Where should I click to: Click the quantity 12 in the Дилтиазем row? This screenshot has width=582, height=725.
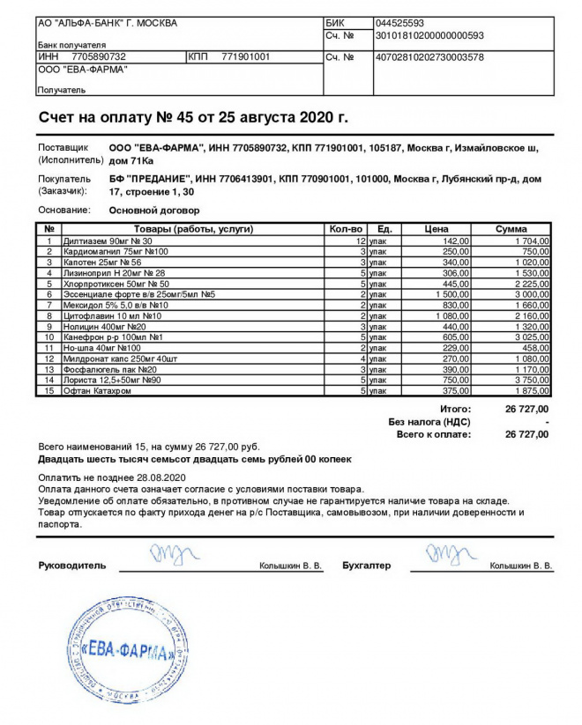pyautogui.click(x=359, y=240)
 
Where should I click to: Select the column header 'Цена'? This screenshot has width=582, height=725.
pyautogui.click(x=436, y=229)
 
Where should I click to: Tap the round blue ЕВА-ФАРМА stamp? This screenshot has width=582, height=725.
pyautogui.click(x=127, y=652)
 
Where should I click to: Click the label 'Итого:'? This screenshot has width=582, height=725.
pyautogui.click(x=455, y=409)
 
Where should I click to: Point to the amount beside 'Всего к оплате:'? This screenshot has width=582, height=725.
pyautogui.click(x=526, y=434)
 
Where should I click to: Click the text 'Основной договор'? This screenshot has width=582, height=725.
pyautogui.click(x=153, y=211)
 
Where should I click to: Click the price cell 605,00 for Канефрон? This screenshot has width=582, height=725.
pyautogui.click(x=455, y=337)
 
